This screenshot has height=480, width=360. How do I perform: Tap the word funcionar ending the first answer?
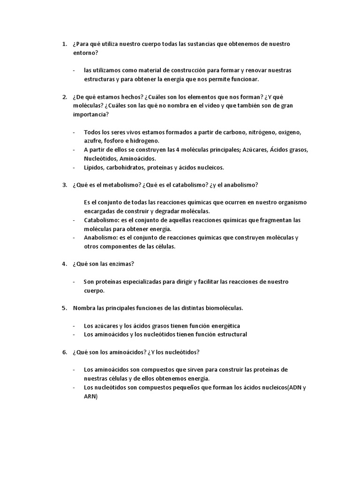tap(243, 79)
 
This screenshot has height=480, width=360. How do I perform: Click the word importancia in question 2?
tap(90, 114)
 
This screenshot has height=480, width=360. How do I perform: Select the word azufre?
tap(93, 141)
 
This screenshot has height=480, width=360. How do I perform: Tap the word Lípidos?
tap(94, 167)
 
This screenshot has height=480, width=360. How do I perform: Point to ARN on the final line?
tap(90, 396)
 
